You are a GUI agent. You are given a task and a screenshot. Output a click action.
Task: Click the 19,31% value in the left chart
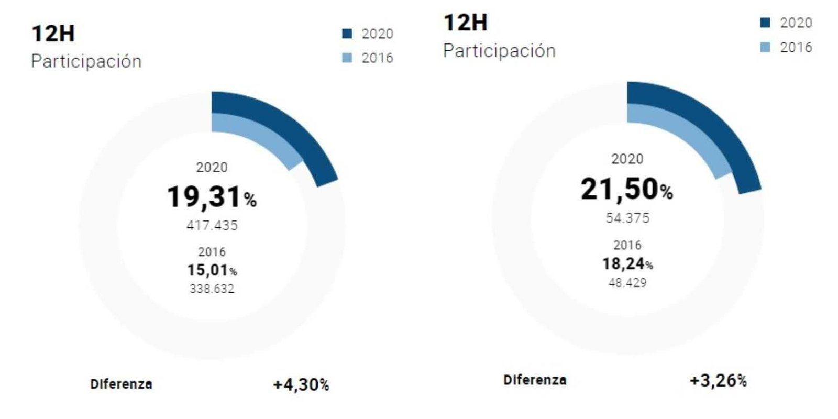(211, 197)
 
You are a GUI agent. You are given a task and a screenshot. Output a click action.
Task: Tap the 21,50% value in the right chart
(626, 189)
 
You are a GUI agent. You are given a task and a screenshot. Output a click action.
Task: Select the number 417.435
(212, 225)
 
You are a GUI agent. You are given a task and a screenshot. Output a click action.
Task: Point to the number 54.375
(627, 218)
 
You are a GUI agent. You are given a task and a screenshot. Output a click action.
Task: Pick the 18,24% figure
(627, 263)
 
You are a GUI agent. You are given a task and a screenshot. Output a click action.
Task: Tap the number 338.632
(212, 289)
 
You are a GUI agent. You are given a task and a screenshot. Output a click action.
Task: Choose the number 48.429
(627, 283)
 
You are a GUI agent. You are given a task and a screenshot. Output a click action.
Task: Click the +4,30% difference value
(301, 385)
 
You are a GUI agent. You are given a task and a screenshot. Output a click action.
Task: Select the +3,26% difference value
(718, 381)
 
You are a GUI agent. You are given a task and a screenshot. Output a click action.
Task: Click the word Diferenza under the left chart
(121, 384)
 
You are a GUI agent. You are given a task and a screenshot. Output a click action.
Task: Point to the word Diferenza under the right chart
(535, 380)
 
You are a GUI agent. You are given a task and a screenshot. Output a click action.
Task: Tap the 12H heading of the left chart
(53, 34)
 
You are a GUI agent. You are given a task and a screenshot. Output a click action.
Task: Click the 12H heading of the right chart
(466, 23)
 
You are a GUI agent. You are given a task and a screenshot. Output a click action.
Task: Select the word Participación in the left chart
(86, 61)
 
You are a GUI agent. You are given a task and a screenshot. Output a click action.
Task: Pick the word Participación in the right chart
(499, 51)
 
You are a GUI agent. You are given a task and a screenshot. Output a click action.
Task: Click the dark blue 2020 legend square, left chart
(347, 34)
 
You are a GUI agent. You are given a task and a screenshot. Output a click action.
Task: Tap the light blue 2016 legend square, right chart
(765, 47)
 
